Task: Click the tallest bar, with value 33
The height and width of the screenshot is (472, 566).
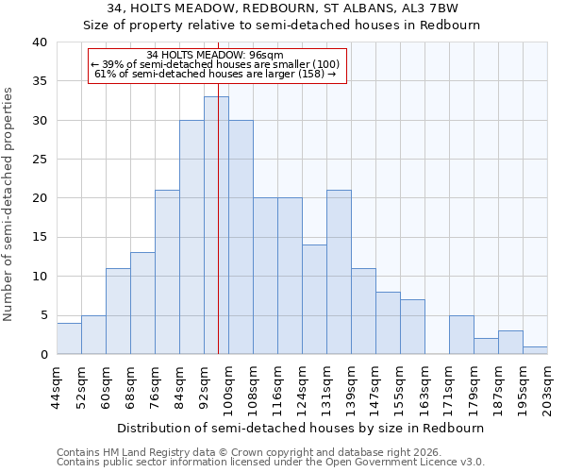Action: pyautogui.click(x=216, y=226)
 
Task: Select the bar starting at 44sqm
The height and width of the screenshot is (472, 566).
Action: pyautogui.click(x=69, y=339)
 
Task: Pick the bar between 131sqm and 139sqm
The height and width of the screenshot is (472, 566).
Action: pyautogui.click(x=339, y=272)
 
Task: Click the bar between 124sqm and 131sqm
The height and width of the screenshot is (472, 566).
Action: pyautogui.click(x=314, y=299)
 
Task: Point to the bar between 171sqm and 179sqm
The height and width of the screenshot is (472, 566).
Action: pyautogui.click(x=461, y=335)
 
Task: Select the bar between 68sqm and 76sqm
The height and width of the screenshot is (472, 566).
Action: pyautogui.click(x=142, y=303)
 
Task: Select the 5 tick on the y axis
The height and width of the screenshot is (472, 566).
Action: pyautogui.click(x=43, y=315)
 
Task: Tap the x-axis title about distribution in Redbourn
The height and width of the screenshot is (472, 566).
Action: pyautogui.click(x=301, y=428)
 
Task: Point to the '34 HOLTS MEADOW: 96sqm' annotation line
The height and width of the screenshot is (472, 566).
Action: pyautogui.click(x=217, y=55)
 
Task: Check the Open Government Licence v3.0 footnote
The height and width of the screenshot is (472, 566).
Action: pyautogui.click(x=271, y=463)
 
